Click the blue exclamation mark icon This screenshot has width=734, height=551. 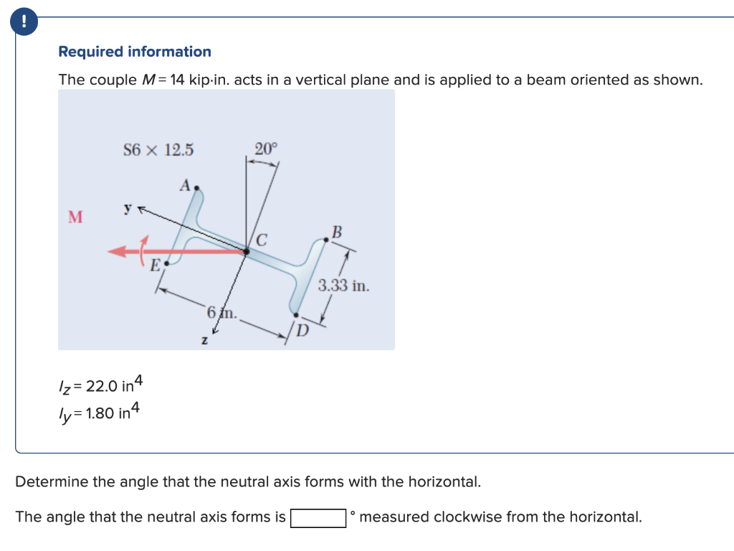[25, 22]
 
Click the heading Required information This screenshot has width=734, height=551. [135, 52]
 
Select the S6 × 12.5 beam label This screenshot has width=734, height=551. [158, 150]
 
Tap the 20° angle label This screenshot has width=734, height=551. [265, 149]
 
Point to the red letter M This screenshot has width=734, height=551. [75, 217]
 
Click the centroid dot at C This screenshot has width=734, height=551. [246, 251]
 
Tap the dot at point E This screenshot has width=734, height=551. [167, 263]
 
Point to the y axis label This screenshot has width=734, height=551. [128, 208]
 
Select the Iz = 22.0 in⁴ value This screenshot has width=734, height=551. [101, 385]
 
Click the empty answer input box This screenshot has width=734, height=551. [319, 517]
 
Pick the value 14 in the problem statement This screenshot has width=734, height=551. [177, 80]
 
